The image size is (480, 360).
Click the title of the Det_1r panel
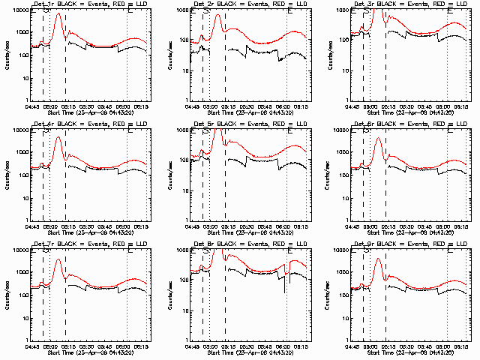[x=88, y=4]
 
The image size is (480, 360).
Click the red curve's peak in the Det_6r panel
[x=378, y=139]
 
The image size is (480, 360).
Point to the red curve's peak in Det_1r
[x=58, y=14]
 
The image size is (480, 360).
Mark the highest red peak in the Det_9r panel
[x=378, y=259]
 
